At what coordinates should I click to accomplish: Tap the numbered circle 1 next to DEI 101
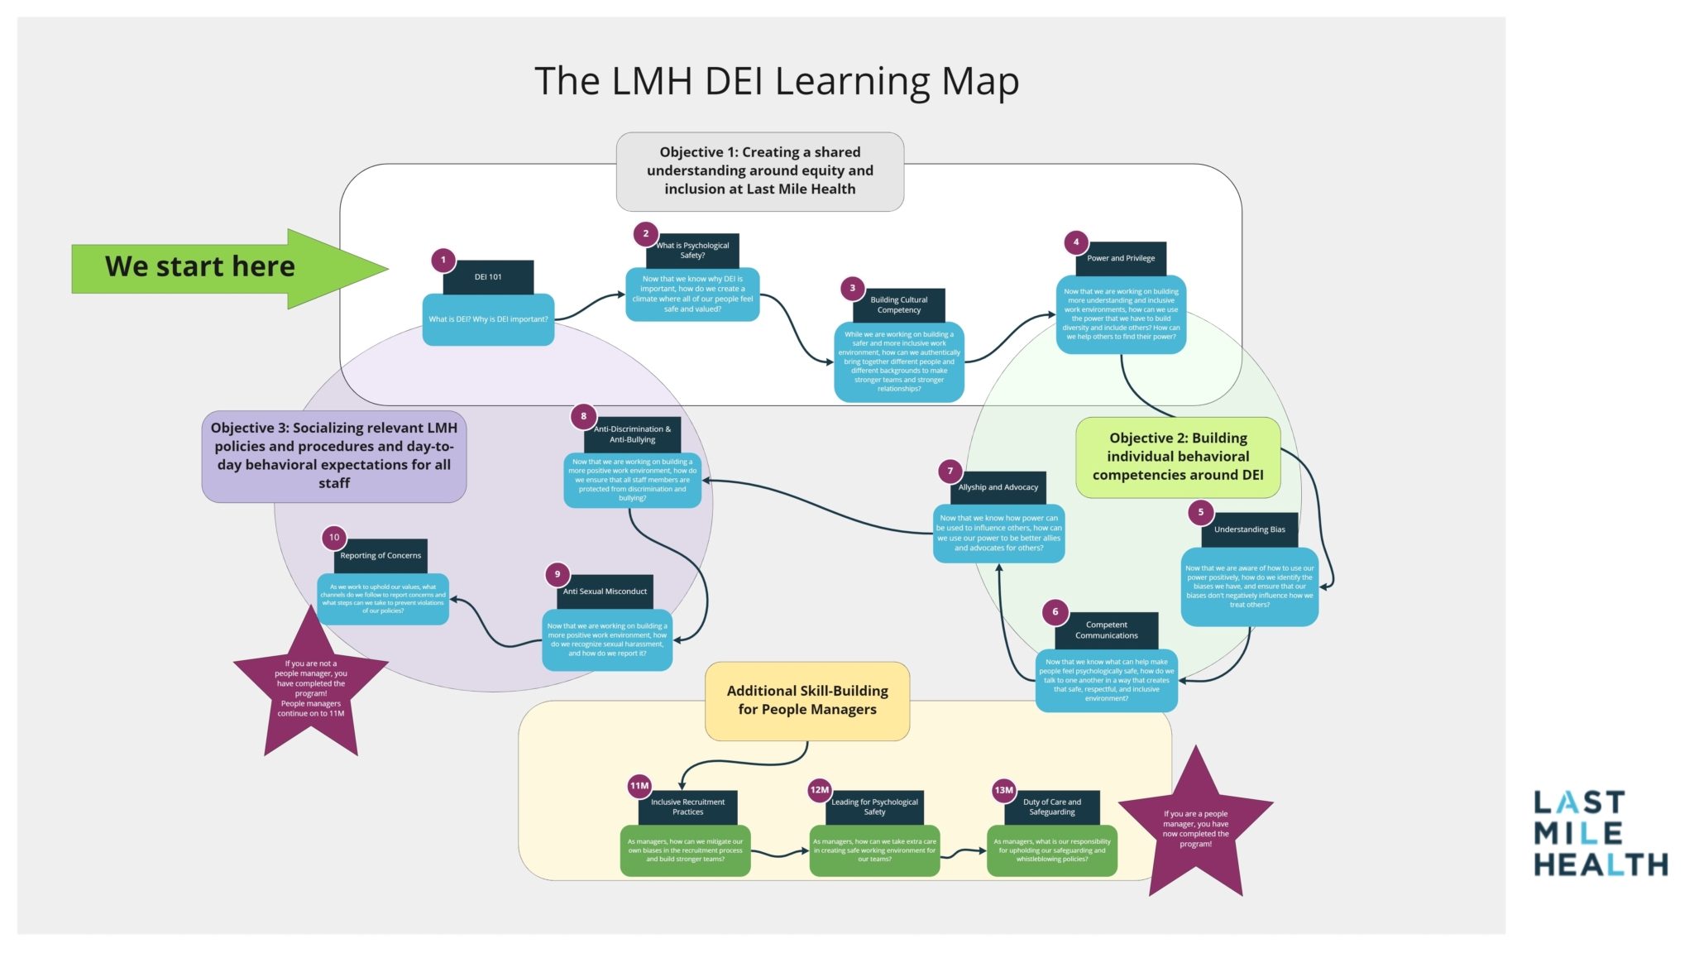click(x=443, y=260)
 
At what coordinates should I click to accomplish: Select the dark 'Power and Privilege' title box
click(x=1121, y=259)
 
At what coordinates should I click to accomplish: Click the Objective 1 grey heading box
click(x=759, y=171)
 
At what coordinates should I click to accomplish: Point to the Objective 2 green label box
click(x=1177, y=457)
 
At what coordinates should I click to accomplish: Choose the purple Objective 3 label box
click(x=333, y=456)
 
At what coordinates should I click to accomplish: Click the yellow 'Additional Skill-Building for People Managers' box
click(x=806, y=700)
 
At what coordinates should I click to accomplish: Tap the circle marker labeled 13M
click(x=1003, y=790)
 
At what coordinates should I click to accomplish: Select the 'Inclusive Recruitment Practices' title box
click(x=687, y=807)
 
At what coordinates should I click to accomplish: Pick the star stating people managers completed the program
click(x=1195, y=828)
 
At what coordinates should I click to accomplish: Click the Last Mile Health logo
click(x=1600, y=833)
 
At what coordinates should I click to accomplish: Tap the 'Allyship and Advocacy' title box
click(x=998, y=487)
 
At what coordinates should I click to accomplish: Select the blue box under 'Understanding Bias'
click(x=1249, y=587)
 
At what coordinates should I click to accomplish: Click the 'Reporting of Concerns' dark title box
click(x=380, y=556)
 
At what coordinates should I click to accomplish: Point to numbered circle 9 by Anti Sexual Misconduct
click(x=557, y=574)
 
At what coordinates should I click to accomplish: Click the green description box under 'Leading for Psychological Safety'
click(x=874, y=850)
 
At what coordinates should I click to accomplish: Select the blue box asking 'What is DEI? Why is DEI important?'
click(x=488, y=319)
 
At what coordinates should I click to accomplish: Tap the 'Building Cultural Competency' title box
click(x=899, y=305)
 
